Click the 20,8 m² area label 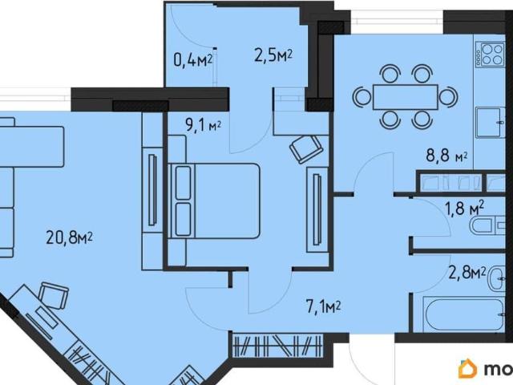(x=70, y=237)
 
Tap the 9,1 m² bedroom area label (x=204, y=125)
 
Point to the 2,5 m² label (x=273, y=55)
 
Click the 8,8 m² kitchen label (x=446, y=156)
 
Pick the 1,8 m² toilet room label (x=465, y=208)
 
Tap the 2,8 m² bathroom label (x=467, y=274)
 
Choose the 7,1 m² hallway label (x=324, y=307)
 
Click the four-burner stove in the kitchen (x=490, y=55)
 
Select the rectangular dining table (x=406, y=97)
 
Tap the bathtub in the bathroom (x=463, y=314)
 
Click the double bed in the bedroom (x=214, y=201)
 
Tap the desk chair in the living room (x=54, y=294)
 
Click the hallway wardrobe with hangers (x=277, y=345)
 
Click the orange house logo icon (x=468, y=369)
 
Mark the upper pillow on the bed (x=184, y=183)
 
